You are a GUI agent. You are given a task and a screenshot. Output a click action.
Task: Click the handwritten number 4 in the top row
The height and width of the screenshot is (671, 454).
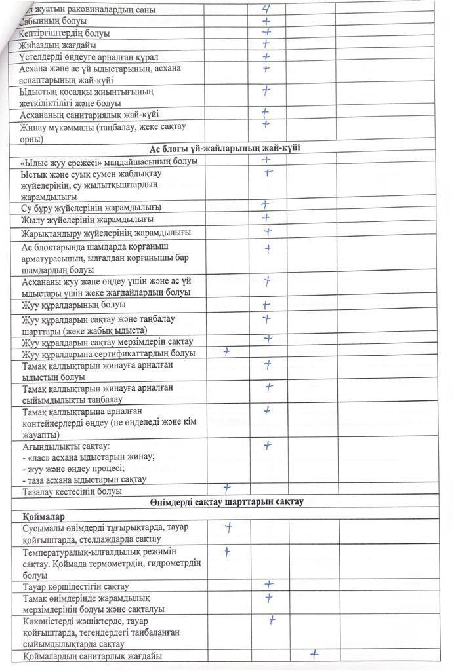tap(266, 9)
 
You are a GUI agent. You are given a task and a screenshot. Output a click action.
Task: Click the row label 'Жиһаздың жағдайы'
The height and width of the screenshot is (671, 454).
tap(58, 45)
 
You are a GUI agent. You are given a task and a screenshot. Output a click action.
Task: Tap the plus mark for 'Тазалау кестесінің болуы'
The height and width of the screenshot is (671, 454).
tap(227, 488)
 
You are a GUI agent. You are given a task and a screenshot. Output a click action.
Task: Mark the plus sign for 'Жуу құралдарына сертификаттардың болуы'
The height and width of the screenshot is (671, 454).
tap(227, 352)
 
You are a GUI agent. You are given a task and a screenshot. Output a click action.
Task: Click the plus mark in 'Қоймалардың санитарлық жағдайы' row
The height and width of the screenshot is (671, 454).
tap(314, 653)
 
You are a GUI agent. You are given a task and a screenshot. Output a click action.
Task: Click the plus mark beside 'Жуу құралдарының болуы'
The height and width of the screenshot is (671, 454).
tap(266, 305)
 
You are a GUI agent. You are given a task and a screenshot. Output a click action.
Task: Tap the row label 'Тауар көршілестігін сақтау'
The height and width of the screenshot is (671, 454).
tap(75, 586)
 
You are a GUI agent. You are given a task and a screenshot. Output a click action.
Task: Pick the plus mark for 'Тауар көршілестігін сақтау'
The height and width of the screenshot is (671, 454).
tap(268, 584)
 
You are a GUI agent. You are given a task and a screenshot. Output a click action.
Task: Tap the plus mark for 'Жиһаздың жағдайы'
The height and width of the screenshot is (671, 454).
tap(266, 44)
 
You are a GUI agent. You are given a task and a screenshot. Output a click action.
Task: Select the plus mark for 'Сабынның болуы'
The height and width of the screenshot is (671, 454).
tap(266, 20)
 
